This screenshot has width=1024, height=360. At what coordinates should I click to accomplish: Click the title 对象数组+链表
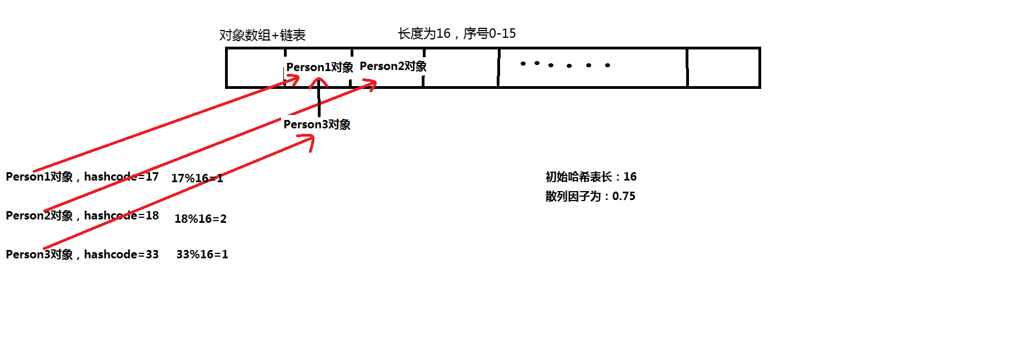click(262, 36)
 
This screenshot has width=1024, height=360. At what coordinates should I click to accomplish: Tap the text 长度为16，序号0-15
click(457, 34)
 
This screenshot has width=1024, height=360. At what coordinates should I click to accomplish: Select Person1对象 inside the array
click(319, 67)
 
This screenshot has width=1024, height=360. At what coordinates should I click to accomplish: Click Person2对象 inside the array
click(393, 66)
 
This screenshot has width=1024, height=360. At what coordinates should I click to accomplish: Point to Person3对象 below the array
click(317, 124)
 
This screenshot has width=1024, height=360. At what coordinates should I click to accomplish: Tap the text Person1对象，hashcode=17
click(82, 177)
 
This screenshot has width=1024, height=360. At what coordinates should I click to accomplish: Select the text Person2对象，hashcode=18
click(82, 216)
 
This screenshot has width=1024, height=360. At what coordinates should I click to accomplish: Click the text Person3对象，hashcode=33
click(82, 254)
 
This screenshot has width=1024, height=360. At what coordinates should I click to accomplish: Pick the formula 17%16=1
click(197, 178)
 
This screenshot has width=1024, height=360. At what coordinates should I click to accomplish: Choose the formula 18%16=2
click(201, 219)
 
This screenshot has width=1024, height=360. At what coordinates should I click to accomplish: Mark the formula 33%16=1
click(202, 254)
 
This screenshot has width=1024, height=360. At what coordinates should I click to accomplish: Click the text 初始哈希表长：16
click(591, 177)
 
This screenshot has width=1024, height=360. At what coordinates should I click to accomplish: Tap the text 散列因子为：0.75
click(590, 196)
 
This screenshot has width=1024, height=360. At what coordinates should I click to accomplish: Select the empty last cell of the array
click(723, 68)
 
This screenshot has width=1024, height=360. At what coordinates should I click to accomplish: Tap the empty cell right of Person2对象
click(461, 68)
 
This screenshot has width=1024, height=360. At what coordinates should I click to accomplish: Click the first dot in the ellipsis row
click(523, 64)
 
